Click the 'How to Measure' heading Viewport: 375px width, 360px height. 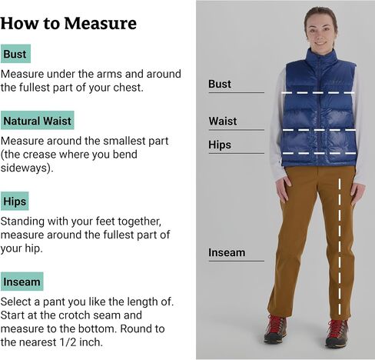click(68, 23)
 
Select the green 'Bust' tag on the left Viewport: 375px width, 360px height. click(15, 54)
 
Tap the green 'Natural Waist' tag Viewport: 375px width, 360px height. click(38, 120)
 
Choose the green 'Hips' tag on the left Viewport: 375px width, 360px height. click(15, 201)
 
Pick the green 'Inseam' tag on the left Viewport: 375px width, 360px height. click(22, 282)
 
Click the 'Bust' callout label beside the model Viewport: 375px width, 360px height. click(220, 84)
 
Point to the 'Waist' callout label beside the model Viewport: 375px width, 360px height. click(223, 121)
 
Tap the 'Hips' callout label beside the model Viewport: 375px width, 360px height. click(220, 145)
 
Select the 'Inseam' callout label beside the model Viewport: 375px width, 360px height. click(227, 252)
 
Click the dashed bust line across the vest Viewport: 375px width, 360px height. click(318, 92)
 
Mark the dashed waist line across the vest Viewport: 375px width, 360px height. click(320, 130)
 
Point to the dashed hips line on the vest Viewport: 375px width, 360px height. click(320, 153)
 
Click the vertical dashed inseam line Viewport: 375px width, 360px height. click(340, 247)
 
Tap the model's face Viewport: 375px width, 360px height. click(321, 32)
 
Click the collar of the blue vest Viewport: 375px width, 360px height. click(321, 55)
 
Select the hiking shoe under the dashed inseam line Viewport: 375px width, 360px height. click(337, 332)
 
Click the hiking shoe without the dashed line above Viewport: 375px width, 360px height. click(275, 329)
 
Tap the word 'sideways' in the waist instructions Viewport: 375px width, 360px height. click(24, 168)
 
